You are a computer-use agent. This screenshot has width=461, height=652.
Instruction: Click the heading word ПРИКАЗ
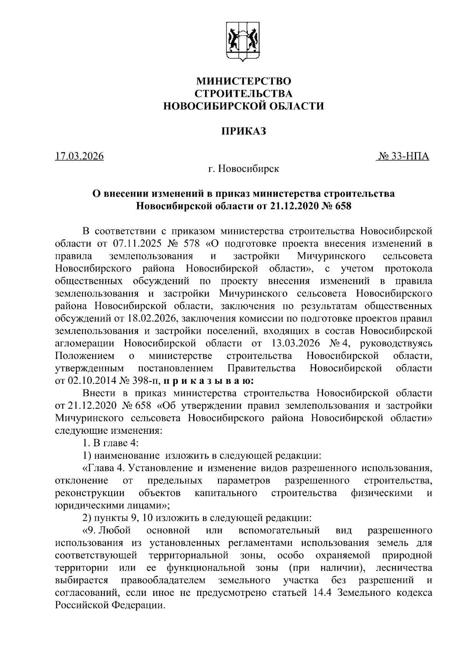244,131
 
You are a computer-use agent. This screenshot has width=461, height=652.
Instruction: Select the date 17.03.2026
80,156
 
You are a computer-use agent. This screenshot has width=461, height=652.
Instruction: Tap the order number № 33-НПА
403,156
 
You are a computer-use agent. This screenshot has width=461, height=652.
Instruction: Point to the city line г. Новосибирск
244,169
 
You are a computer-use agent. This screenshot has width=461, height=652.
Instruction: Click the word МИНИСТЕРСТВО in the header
244,81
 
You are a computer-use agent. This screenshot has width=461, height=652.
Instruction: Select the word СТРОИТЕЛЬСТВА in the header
244,93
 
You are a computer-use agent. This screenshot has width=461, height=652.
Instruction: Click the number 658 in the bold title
343,206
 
